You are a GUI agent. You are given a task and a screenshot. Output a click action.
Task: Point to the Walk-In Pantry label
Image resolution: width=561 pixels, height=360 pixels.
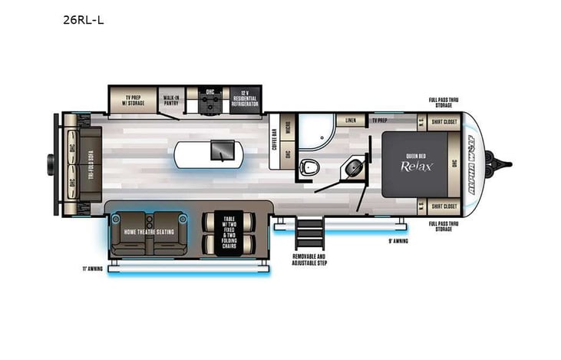[x=170, y=98]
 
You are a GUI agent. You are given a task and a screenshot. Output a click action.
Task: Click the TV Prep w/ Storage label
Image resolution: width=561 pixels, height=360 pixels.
[x=135, y=98]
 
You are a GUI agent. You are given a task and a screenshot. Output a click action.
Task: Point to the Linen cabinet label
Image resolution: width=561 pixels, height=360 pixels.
[x=350, y=121]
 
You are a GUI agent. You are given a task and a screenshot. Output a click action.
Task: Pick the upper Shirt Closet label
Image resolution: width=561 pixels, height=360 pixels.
[x=444, y=121]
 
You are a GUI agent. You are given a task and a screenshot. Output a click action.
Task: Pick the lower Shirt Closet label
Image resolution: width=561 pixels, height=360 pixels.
[x=444, y=206]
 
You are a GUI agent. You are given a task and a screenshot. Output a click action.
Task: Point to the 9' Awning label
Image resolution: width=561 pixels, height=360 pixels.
[x=399, y=239]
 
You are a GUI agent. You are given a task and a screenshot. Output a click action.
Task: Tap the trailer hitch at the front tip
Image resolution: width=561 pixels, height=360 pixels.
[x=503, y=163]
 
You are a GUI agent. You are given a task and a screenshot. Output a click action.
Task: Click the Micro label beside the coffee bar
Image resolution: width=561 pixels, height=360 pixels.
[x=286, y=130]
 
